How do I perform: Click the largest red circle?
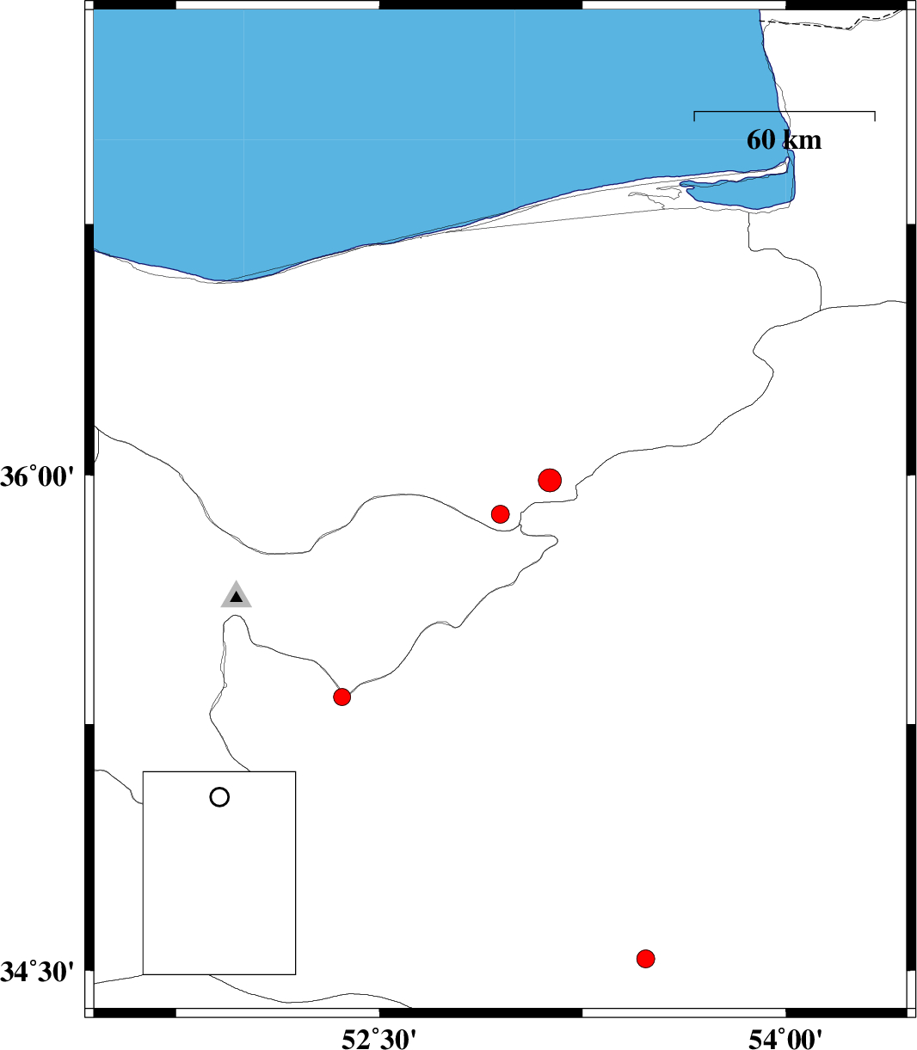click(550, 480)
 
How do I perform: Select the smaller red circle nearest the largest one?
click(500, 513)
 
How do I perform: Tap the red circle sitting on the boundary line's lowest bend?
click(342, 697)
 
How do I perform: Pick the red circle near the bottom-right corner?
click(645, 958)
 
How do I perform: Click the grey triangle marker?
click(236, 596)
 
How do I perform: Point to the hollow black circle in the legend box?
click(219, 797)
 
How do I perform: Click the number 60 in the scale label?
click(760, 140)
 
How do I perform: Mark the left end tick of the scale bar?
click(694, 116)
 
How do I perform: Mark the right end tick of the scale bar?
click(875, 116)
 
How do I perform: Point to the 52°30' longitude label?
click(380, 1037)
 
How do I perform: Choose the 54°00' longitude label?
click(785, 1037)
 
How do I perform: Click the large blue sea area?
click(410, 118)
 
